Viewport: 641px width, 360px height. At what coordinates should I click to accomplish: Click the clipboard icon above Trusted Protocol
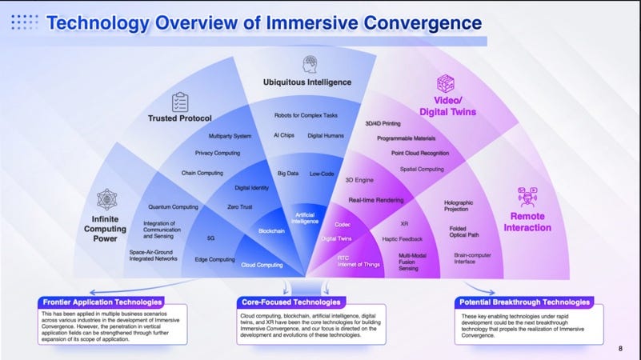179,102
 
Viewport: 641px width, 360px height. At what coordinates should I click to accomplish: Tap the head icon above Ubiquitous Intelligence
309,65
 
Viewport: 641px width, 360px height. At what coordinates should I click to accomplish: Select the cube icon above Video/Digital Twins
445,84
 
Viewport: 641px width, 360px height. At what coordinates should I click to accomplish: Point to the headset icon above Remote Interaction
527,196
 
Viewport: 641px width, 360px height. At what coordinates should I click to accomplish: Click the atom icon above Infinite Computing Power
107,199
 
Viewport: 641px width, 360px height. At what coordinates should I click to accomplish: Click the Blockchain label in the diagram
272,230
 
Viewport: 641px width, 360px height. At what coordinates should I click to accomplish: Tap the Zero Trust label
241,207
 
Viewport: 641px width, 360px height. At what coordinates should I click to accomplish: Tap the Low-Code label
322,173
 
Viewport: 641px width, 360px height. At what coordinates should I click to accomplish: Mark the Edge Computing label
214,259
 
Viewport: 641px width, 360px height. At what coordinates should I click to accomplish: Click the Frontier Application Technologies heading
101,302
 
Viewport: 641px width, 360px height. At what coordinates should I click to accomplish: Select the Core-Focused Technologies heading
291,302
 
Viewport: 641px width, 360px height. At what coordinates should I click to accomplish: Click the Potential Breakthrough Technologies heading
525,302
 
